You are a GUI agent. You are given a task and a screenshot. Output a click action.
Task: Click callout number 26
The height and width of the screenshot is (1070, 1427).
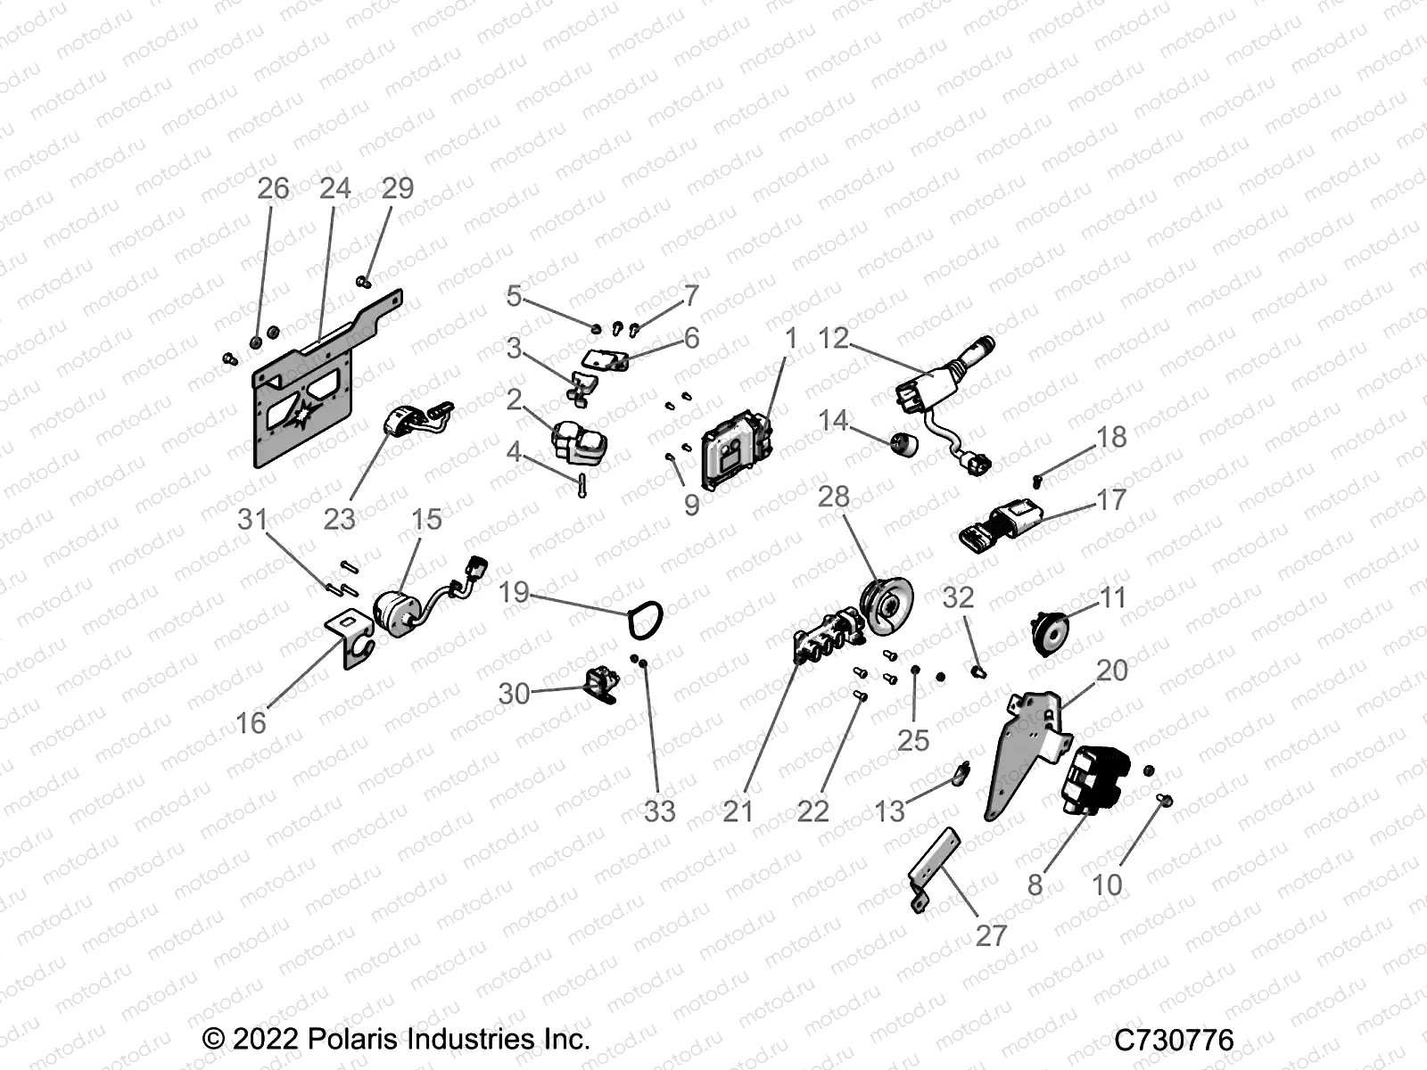click(273, 188)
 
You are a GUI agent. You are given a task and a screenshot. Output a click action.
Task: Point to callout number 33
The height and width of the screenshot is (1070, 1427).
click(660, 811)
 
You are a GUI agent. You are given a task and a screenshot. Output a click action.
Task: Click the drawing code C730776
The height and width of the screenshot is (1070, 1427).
click(1173, 1040)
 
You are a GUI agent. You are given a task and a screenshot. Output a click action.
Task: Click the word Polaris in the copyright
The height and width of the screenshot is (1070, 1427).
click(350, 1039)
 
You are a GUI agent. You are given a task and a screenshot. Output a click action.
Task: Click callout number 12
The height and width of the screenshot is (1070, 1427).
click(834, 339)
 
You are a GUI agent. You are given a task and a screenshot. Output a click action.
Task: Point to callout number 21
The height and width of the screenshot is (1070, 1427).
click(738, 811)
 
